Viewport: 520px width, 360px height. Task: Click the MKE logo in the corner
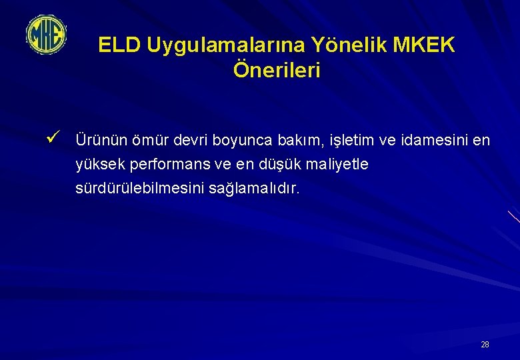pyautogui.click(x=46, y=35)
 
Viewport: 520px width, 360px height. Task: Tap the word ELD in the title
pyautogui.click(x=120, y=45)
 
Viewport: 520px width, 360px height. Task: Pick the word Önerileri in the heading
pyautogui.click(x=277, y=69)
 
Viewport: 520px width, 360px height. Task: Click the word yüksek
pyautogui.click(x=97, y=165)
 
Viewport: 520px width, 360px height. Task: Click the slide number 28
pyautogui.click(x=485, y=345)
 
